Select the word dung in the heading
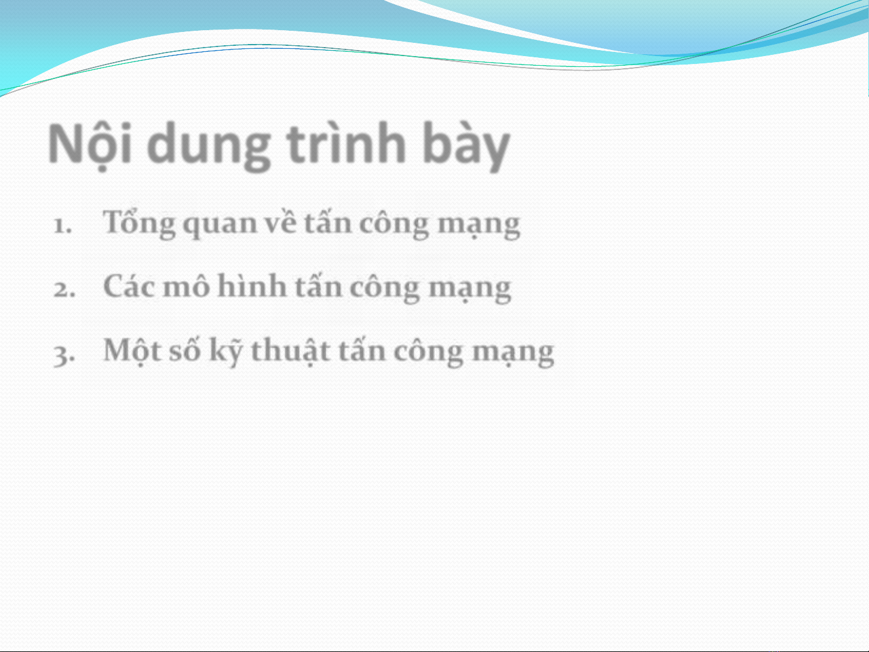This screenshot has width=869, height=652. pyautogui.click(x=209, y=147)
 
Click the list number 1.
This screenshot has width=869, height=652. pyautogui.click(x=63, y=226)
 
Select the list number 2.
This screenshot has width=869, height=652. pyautogui.click(x=64, y=290)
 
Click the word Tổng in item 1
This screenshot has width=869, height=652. pyautogui.click(x=139, y=224)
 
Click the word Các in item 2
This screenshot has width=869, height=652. pyautogui.click(x=128, y=286)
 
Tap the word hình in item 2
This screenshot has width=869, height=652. pyautogui.click(x=252, y=285)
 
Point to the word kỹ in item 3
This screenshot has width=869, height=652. pyautogui.click(x=226, y=352)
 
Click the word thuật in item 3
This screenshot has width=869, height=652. pyautogui.click(x=291, y=350)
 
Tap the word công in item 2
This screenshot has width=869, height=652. pyautogui.click(x=385, y=288)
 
